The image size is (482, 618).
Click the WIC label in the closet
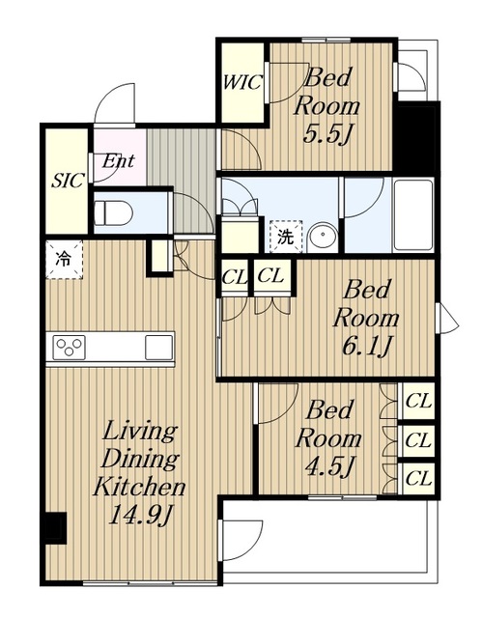point(242,82)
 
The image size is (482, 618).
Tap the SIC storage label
point(68,181)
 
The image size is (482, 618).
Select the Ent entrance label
point(118,160)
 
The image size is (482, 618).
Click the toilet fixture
point(114,212)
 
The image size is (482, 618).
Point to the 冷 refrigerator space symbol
point(65,260)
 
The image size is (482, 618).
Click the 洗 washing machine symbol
point(286,237)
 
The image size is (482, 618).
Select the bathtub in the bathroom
point(413,214)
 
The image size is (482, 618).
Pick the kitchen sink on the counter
point(158,348)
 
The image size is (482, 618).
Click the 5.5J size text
point(326,135)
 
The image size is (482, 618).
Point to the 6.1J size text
point(366,347)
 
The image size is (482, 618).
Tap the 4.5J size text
point(329,466)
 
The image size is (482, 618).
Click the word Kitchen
point(139,487)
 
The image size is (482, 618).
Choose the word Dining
point(140,460)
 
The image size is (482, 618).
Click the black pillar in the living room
point(56,528)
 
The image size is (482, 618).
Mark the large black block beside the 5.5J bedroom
point(417,137)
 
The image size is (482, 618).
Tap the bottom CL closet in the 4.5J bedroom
point(418,479)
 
